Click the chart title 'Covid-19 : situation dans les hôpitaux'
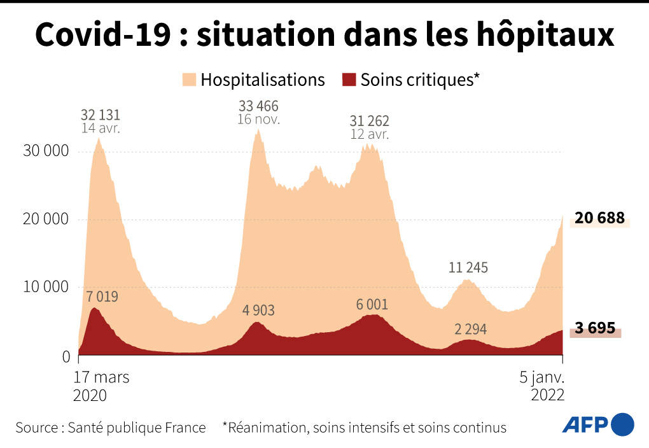pos(324,36)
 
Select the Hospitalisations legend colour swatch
pos(188,80)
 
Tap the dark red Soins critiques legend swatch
pos(349,80)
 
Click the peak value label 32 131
pos(100,115)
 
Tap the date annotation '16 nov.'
pos(258,119)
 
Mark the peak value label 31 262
pos(370,121)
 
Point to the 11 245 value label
pos(468,267)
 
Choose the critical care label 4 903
pos(258,311)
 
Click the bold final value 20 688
pos(599,218)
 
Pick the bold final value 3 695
pos(594,328)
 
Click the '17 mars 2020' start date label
pos(102,386)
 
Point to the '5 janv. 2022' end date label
pos(541,386)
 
